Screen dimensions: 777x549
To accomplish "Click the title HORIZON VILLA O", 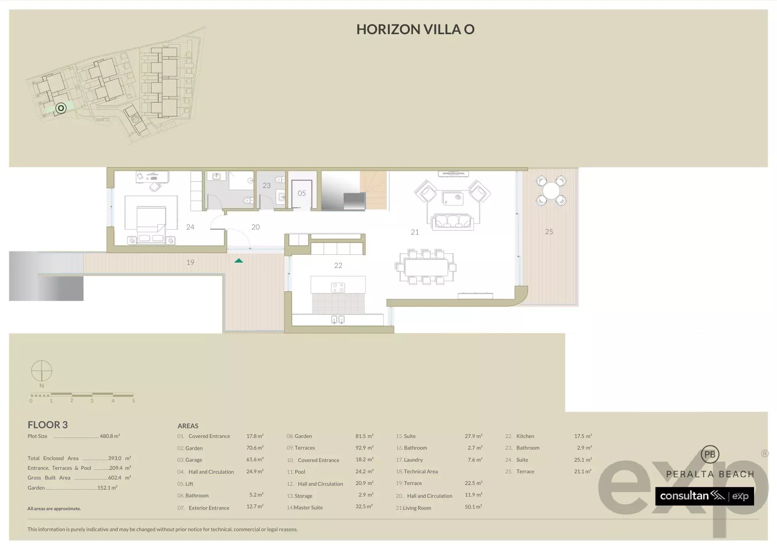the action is coord(415,30).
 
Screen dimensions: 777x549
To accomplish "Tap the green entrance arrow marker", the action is coord(239,261).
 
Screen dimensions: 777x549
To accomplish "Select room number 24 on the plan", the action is coord(190,227).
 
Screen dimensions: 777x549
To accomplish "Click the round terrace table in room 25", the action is coord(551,191).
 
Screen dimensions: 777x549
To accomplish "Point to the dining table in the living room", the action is coord(426,267).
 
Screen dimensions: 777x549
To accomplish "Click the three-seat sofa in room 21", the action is coord(453,222).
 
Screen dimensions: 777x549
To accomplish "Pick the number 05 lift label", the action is coord(301,193).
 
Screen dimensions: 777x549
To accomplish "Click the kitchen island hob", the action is coord(338,288).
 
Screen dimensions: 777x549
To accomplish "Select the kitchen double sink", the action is coord(338,320).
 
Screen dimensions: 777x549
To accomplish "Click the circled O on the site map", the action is coord(61,108).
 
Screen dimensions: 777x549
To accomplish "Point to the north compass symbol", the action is coord(42,371).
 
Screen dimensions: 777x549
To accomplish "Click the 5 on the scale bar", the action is coord(133,401).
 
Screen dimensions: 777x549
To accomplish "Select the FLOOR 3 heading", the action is coord(47,425).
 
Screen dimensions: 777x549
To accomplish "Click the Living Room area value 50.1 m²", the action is coord(473,507).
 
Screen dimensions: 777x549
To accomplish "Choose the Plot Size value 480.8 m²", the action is coord(110,436).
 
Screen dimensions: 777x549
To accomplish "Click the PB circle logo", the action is coord(710,455).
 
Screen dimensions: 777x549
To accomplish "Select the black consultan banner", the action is coord(704,496).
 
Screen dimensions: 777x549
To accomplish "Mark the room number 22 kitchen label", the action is coord(338,266).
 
